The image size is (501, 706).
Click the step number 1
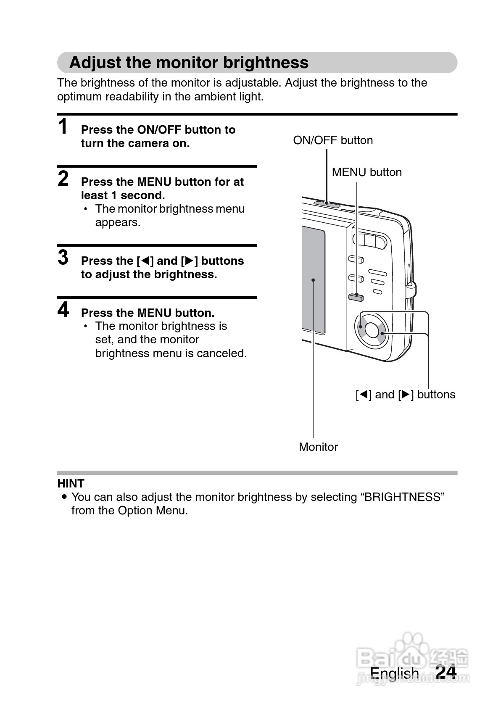click(63, 127)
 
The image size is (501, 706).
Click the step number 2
click(63, 179)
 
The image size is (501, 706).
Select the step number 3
click(63, 258)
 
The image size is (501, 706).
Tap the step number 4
click(63, 310)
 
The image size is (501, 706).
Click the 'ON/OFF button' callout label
click(333, 140)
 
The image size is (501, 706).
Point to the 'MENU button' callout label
click(367, 172)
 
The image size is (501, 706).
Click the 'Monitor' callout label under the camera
click(318, 447)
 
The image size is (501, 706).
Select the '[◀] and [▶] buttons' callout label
click(405, 395)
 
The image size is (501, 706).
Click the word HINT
click(71, 483)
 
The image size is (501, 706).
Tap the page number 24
click(446, 672)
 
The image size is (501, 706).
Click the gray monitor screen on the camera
click(314, 279)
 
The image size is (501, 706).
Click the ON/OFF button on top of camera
click(327, 204)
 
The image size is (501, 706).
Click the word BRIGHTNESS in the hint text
click(402, 497)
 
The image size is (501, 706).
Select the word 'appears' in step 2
click(118, 223)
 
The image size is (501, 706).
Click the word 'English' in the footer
click(394, 673)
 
